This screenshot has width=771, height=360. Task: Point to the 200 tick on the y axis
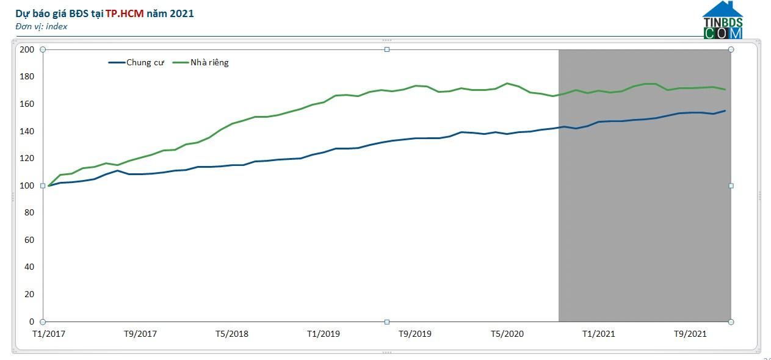click(x=27, y=49)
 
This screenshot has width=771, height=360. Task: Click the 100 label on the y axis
click(x=27, y=185)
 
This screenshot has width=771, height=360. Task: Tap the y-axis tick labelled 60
click(x=29, y=240)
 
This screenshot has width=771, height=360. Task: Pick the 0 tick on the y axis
click(x=32, y=322)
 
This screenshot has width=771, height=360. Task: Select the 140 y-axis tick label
click(x=27, y=131)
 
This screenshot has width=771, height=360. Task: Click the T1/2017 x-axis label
click(x=49, y=334)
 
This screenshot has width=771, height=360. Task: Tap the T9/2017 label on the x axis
click(x=140, y=334)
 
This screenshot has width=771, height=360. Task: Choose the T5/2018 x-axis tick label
click(x=232, y=334)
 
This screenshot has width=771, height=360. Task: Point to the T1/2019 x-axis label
click(x=324, y=334)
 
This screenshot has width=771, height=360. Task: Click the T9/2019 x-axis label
click(x=415, y=334)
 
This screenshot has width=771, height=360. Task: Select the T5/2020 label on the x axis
click(x=507, y=334)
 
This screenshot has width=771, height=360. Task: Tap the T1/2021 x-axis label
click(x=598, y=334)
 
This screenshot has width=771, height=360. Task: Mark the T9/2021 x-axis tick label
click(x=690, y=334)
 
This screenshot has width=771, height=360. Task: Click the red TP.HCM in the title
click(x=125, y=13)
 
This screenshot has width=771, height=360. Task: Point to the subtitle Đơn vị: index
click(x=42, y=26)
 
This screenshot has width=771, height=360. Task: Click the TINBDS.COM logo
click(x=723, y=21)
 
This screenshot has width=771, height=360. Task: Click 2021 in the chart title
click(x=183, y=13)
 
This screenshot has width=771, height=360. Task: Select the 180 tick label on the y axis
click(x=27, y=77)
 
